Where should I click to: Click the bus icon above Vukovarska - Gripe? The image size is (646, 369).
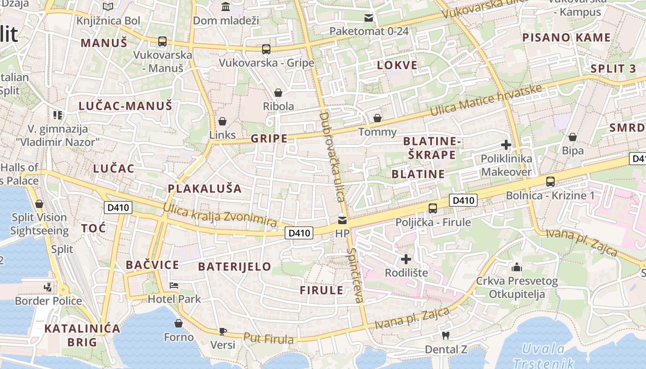(x=266, y=49)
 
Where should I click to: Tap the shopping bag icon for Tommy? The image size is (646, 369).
(x=377, y=118)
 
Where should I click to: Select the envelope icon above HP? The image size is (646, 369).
(x=342, y=220)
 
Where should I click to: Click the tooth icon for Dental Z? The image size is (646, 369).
(x=445, y=335)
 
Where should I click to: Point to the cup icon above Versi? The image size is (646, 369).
(x=222, y=331)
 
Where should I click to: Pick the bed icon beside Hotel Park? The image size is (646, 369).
(x=174, y=285)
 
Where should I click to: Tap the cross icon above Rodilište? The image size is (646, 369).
(x=406, y=259)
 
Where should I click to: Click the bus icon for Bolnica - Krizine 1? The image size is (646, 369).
(x=550, y=181)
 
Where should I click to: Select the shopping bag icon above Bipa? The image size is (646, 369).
(x=573, y=137)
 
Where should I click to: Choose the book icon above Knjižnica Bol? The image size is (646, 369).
(x=108, y=7)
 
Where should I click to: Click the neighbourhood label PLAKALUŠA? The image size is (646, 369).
(x=204, y=188)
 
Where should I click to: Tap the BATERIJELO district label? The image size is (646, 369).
(x=234, y=267)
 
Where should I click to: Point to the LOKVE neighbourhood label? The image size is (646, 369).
(x=397, y=65)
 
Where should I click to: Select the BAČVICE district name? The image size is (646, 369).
(x=152, y=265)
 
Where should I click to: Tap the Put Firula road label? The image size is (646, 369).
(x=269, y=339)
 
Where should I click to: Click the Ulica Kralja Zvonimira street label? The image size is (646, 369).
(x=220, y=214)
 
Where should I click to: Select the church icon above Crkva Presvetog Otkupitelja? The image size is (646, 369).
(x=517, y=267)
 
